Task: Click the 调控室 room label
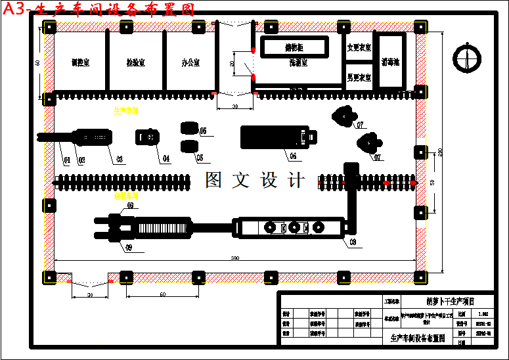80,63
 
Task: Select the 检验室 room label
136,63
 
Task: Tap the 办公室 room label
191,63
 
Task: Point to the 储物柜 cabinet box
294,47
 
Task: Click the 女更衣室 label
359,48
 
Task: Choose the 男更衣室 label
359,78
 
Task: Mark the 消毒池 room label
391,63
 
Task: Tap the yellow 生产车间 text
125,112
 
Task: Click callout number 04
166,158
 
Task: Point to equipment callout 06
293,156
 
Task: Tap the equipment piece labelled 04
148,137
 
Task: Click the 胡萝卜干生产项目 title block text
450,302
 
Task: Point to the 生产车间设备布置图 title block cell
418,338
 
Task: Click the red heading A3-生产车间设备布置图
99,9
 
